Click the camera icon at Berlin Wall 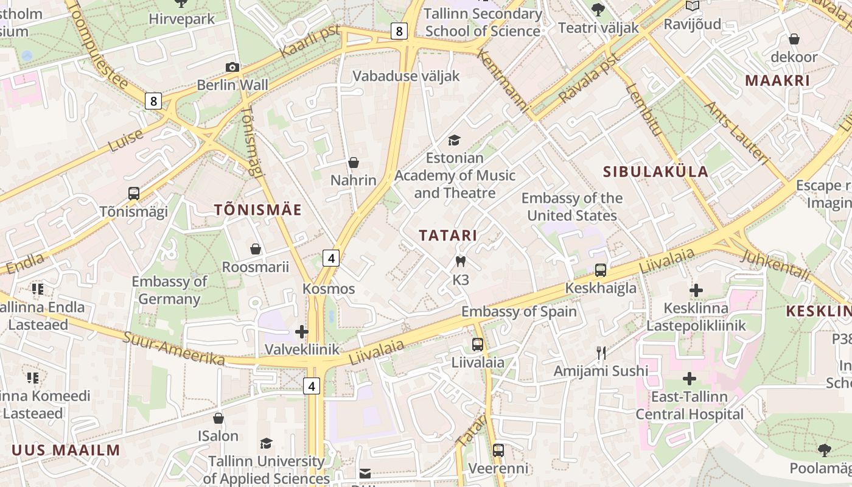pyautogui.click(x=232, y=67)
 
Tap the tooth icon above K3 pyautogui.click(x=461, y=262)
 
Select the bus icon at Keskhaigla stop pyautogui.click(x=601, y=270)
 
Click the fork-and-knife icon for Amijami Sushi pyautogui.click(x=601, y=352)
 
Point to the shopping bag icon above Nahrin pyautogui.click(x=354, y=163)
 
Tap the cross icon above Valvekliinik pyautogui.click(x=301, y=332)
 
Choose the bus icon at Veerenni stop pyautogui.click(x=498, y=450)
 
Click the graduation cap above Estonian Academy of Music pyautogui.click(x=454, y=141)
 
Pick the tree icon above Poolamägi pyautogui.click(x=825, y=450)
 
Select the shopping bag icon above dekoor pyautogui.click(x=794, y=40)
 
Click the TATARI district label pyautogui.click(x=448, y=236)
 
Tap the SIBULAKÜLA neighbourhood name pyautogui.click(x=655, y=172)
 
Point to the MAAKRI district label pyautogui.click(x=777, y=80)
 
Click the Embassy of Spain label pyautogui.click(x=519, y=312)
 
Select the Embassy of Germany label pyautogui.click(x=169, y=290)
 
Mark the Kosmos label pyautogui.click(x=329, y=289)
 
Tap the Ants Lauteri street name pyautogui.click(x=737, y=133)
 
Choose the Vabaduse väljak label pyautogui.click(x=406, y=76)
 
